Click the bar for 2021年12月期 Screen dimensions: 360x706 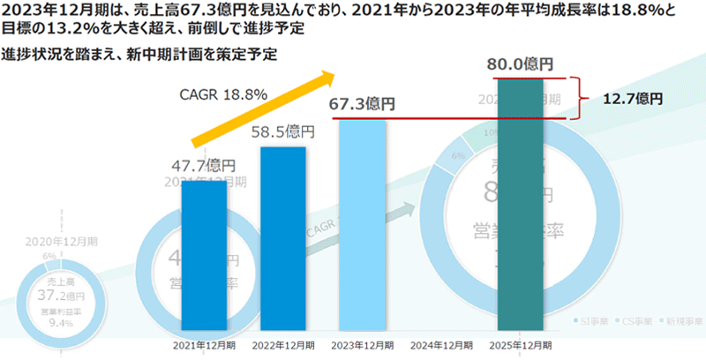coord(203,256)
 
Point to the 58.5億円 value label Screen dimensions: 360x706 coord(282,133)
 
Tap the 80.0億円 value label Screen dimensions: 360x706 coord(520,64)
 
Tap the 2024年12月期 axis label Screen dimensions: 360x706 coord(440,346)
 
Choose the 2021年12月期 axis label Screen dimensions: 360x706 coord(203,346)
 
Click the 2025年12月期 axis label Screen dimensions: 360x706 coord(520,346)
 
